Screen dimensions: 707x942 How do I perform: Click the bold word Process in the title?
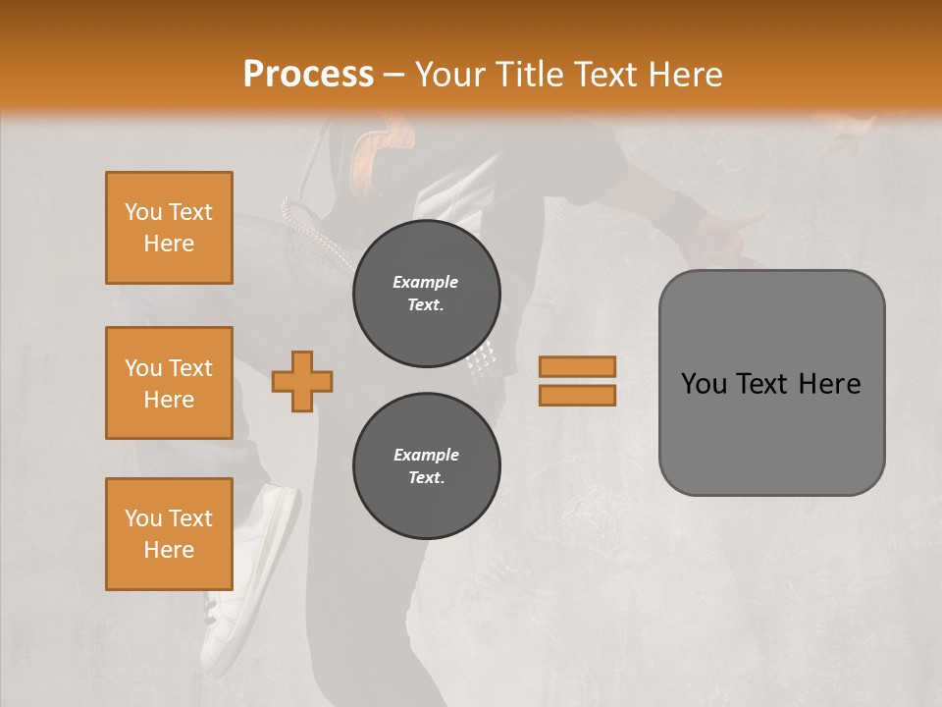coord(308,75)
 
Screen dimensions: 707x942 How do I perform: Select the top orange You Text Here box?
coord(169,228)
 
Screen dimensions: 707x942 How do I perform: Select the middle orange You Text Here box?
coord(169,383)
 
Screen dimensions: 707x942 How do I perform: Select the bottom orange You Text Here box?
coord(169,534)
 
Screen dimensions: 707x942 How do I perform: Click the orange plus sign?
coord(302,381)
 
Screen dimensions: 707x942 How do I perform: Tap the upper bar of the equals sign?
coord(577,366)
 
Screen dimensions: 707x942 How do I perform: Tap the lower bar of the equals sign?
coord(577,396)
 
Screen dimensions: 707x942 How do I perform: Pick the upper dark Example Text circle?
coord(426,294)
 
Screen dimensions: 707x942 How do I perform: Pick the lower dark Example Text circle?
coord(426,466)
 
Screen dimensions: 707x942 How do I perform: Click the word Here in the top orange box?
coord(169,244)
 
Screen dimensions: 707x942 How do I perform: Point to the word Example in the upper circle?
coord(426,282)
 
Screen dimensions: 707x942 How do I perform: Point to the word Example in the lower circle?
coord(426,455)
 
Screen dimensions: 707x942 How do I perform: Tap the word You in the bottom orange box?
coord(143,518)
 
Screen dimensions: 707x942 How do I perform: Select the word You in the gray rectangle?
coord(705,384)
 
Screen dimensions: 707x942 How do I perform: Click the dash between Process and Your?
coord(394,75)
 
